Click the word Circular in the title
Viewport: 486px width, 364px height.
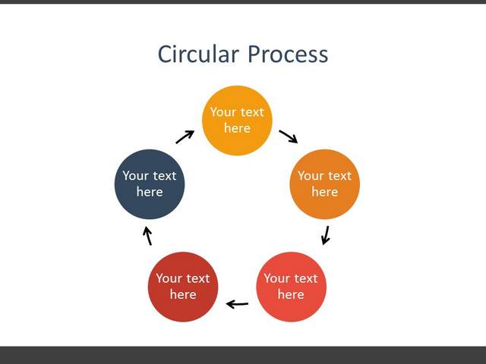click(x=199, y=54)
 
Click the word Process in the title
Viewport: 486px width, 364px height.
click(x=288, y=54)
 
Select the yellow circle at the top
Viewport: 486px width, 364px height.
click(x=237, y=121)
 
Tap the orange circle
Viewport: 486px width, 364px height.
click(x=325, y=184)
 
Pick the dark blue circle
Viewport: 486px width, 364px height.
click(x=150, y=184)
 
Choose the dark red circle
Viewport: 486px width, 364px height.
click(x=183, y=287)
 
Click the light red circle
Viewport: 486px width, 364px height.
click(x=291, y=287)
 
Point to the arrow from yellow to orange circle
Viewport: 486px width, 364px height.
click(x=289, y=136)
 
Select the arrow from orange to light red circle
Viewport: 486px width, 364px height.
click(x=326, y=235)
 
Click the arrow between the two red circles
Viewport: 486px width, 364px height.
click(x=237, y=304)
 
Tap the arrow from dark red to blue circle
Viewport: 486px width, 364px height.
click(x=147, y=236)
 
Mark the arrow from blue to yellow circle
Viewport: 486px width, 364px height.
click(x=185, y=136)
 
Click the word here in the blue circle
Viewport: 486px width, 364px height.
click(x=150, y=192)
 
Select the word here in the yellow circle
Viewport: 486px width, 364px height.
click(x=238, y=128)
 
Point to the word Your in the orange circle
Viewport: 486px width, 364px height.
click(x=311, y=176)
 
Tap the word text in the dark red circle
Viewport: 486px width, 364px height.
click(x=197, y=278)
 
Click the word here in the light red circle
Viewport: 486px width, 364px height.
click(x=291, y=294)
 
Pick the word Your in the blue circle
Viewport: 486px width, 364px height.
click(x=135, y=176)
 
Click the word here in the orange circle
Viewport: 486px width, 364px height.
click(x=325, y=192)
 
